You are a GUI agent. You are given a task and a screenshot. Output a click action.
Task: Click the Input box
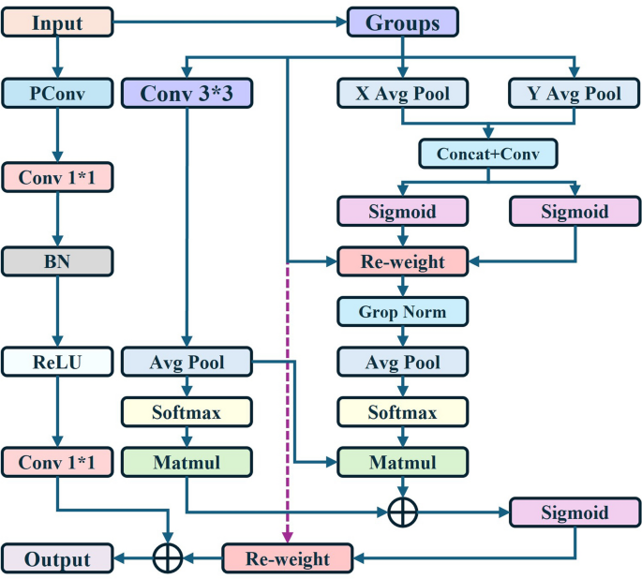click(57, 22)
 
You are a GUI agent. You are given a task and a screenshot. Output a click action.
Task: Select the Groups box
click(402, 22)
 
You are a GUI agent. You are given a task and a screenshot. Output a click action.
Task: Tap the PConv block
click(57, 94)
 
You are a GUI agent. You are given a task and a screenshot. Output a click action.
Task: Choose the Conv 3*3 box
click(187, 94)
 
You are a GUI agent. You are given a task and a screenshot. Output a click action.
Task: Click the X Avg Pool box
click(402, 94)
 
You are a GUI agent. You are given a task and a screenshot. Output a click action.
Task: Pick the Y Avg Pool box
click(575, 94)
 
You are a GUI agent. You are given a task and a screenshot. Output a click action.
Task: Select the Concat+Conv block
click(487, 153)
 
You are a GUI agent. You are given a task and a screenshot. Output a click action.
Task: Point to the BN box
click(57, 261)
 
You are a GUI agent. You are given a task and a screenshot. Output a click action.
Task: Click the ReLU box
click(57, 361)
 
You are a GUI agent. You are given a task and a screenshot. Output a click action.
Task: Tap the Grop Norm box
click(402, 311)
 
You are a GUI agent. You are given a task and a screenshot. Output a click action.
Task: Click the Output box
click(57, 558)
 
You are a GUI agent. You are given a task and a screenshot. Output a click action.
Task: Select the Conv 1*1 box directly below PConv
click(57, 176)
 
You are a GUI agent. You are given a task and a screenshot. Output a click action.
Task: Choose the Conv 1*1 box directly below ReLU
click(57, 462)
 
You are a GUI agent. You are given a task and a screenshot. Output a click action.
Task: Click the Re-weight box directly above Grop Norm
click(402, 261)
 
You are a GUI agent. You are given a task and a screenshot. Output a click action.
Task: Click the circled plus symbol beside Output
click(168, 558)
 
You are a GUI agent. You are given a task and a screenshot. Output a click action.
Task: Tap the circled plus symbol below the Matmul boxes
click(402, 512)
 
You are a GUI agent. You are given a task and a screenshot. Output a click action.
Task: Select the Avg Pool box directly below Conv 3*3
click(187, 361)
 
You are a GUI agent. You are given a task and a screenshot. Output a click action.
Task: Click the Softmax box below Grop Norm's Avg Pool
click(402, 412)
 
